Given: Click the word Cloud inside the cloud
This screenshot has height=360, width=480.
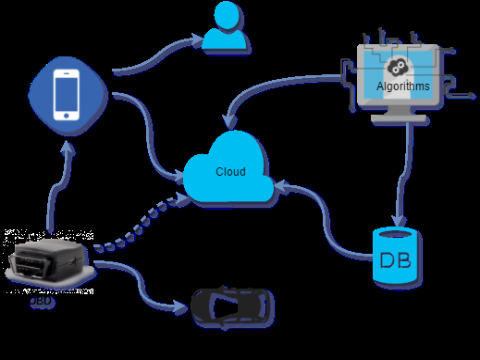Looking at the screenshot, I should click(230, 172).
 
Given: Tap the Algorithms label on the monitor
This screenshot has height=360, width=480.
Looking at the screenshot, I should click(403, 87).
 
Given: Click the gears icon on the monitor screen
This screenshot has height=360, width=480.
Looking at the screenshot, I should click(396, 68).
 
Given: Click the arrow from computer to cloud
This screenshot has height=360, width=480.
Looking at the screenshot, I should click(290, 82).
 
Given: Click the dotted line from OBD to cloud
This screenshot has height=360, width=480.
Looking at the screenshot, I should click(140, 225).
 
